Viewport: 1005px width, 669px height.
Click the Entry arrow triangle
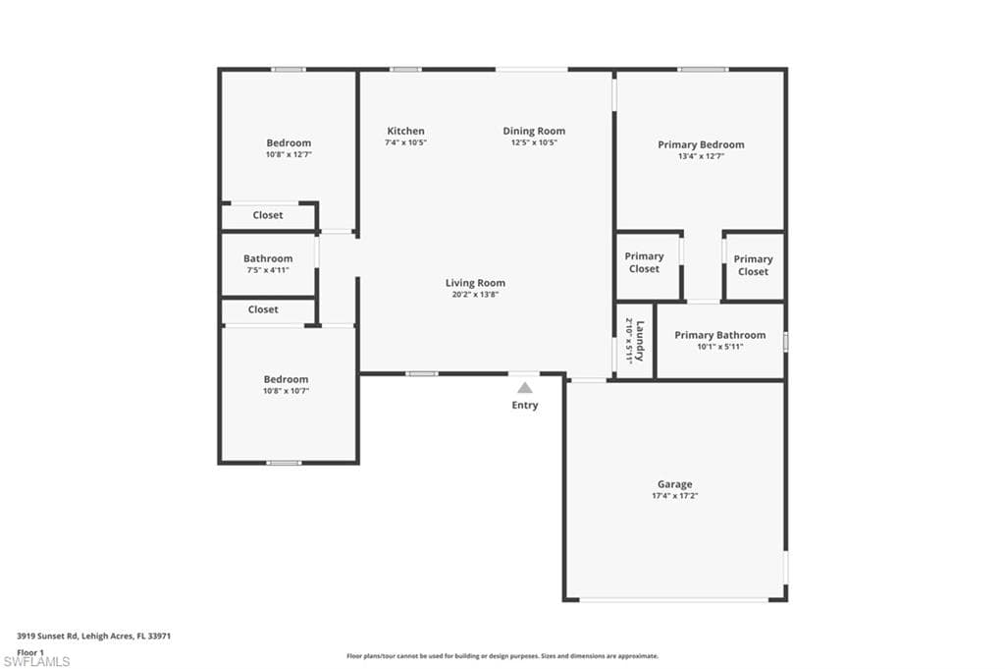pyautogui.click(x=525, y=387)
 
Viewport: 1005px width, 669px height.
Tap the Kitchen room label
pyautogui.click(x=405, y=131)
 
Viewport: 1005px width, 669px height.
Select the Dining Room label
pyautogui.click(x=534, y=131)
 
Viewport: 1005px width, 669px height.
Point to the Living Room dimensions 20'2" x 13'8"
pyautogui.click(x=476, y=295)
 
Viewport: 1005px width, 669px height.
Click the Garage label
pyautogui.click(x=675, y=485)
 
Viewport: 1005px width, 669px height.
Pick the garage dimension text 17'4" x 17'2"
pyautogui.click(x=675, y=496)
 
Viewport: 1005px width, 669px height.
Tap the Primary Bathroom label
pyautogui.click(x=719, y=335)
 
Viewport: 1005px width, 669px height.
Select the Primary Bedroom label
pyautogui.click(x=701, y=145)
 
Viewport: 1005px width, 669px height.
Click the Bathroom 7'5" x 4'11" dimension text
pyautogui.click(x=268, y=270)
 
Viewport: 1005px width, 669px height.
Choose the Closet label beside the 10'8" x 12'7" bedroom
pyautogui.click(x=268, y=215)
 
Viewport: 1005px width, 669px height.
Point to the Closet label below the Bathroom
pyautogui.click(x=263, y=309)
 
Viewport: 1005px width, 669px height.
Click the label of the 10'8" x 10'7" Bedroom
pyautogui.click(x=286, y=379)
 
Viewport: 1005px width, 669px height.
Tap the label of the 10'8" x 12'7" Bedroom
pyautogui.click(x=290, y=143)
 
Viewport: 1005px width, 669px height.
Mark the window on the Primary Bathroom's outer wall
pyautogui.click(x=786, y=342)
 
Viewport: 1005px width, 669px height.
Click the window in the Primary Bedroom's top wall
pyautogui.click(x=703, y=70)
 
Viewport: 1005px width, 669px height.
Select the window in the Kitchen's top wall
pyautogui.click(x=405, y=70)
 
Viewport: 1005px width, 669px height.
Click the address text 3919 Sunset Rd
pyautogui.click(x=47, y=637)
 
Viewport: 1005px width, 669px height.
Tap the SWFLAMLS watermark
pyautogui.click(x=36, y=661)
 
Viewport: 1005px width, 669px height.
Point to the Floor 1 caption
pyautogui.click(x=30, y=652)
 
